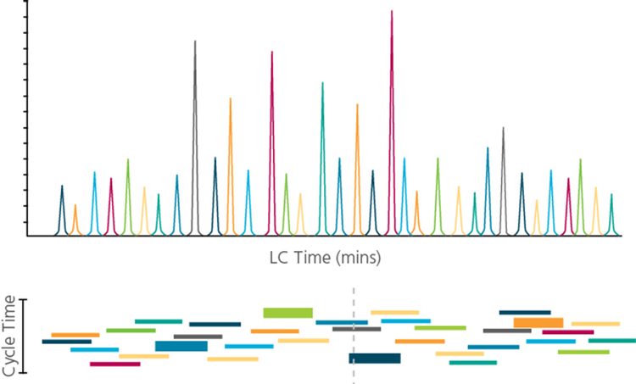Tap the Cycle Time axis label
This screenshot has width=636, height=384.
[x=10, y=337]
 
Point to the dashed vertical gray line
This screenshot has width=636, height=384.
[x=354, y=339]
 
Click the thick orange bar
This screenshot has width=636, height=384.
[x=538, y=322]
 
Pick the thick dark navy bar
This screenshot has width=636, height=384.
[x=375, y=359]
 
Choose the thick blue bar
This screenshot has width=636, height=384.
[x=181, y=346]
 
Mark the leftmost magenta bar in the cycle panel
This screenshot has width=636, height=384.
[x=114, y=364]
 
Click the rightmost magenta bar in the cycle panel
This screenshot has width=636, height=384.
[x=567, y=332]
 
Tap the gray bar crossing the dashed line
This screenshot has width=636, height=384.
[x=356, y=329]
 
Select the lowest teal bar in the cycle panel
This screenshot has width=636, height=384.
[x=472, y=363]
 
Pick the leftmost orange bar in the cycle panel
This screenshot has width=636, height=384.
[x=75, y=335]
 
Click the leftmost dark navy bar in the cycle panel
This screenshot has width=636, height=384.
[x=66, y=342]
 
